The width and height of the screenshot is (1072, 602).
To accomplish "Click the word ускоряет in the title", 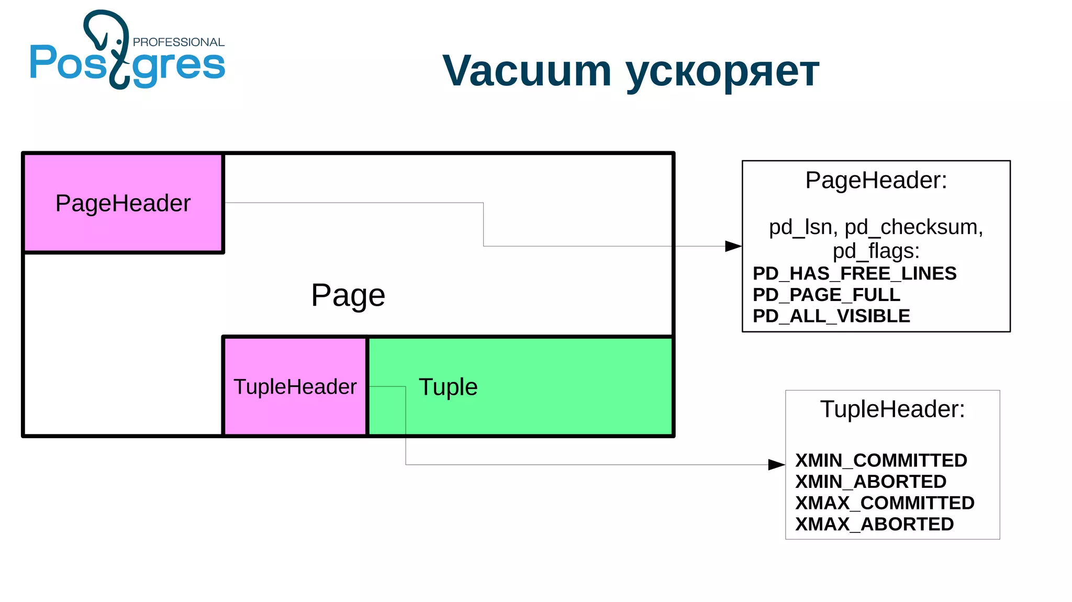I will [722, 72].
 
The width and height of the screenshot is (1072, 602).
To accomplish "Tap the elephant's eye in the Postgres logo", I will [119, 41].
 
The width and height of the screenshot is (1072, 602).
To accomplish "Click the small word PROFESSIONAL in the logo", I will [178, 42].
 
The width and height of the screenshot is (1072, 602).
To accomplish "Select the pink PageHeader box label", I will [123, 203].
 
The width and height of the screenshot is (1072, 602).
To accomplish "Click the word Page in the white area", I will [348, 295].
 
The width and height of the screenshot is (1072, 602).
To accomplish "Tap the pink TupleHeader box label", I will [295, 387].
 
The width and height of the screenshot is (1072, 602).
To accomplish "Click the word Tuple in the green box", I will [448, 387].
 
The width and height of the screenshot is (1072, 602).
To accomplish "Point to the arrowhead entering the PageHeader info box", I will [733, 246].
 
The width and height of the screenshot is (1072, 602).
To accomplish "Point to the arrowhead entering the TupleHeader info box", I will [776, 464].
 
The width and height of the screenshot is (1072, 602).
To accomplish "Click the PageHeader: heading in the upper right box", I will [876, 181].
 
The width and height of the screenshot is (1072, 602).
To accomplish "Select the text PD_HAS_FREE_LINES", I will [854, 273].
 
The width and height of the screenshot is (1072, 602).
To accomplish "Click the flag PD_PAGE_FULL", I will [826, 295].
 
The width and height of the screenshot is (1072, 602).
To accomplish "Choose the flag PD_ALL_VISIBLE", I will [831, 316].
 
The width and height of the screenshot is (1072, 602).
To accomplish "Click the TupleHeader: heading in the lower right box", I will [892, 409].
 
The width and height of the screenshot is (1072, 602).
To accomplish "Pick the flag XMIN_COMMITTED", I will [881, 460].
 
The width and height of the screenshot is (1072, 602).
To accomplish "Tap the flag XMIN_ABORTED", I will [870, 482].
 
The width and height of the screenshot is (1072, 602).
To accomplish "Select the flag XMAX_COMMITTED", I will [885, 503].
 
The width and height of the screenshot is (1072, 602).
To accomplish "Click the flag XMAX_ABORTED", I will [874, 524].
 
